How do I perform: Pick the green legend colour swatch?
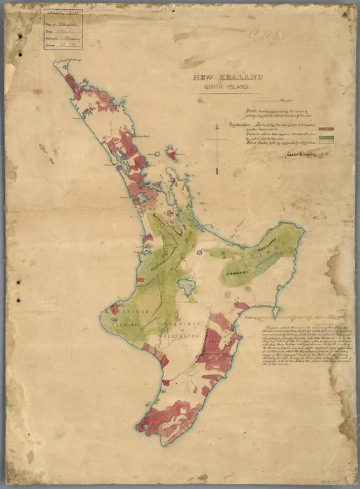325,137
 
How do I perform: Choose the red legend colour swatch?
325,129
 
